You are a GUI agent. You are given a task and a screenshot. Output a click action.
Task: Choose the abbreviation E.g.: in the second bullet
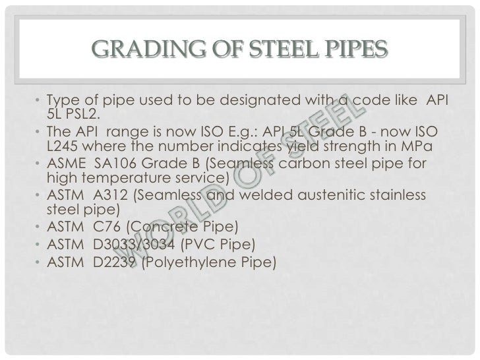point(238,131)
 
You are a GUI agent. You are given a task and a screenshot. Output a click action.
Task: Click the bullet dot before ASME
point(39,163)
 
